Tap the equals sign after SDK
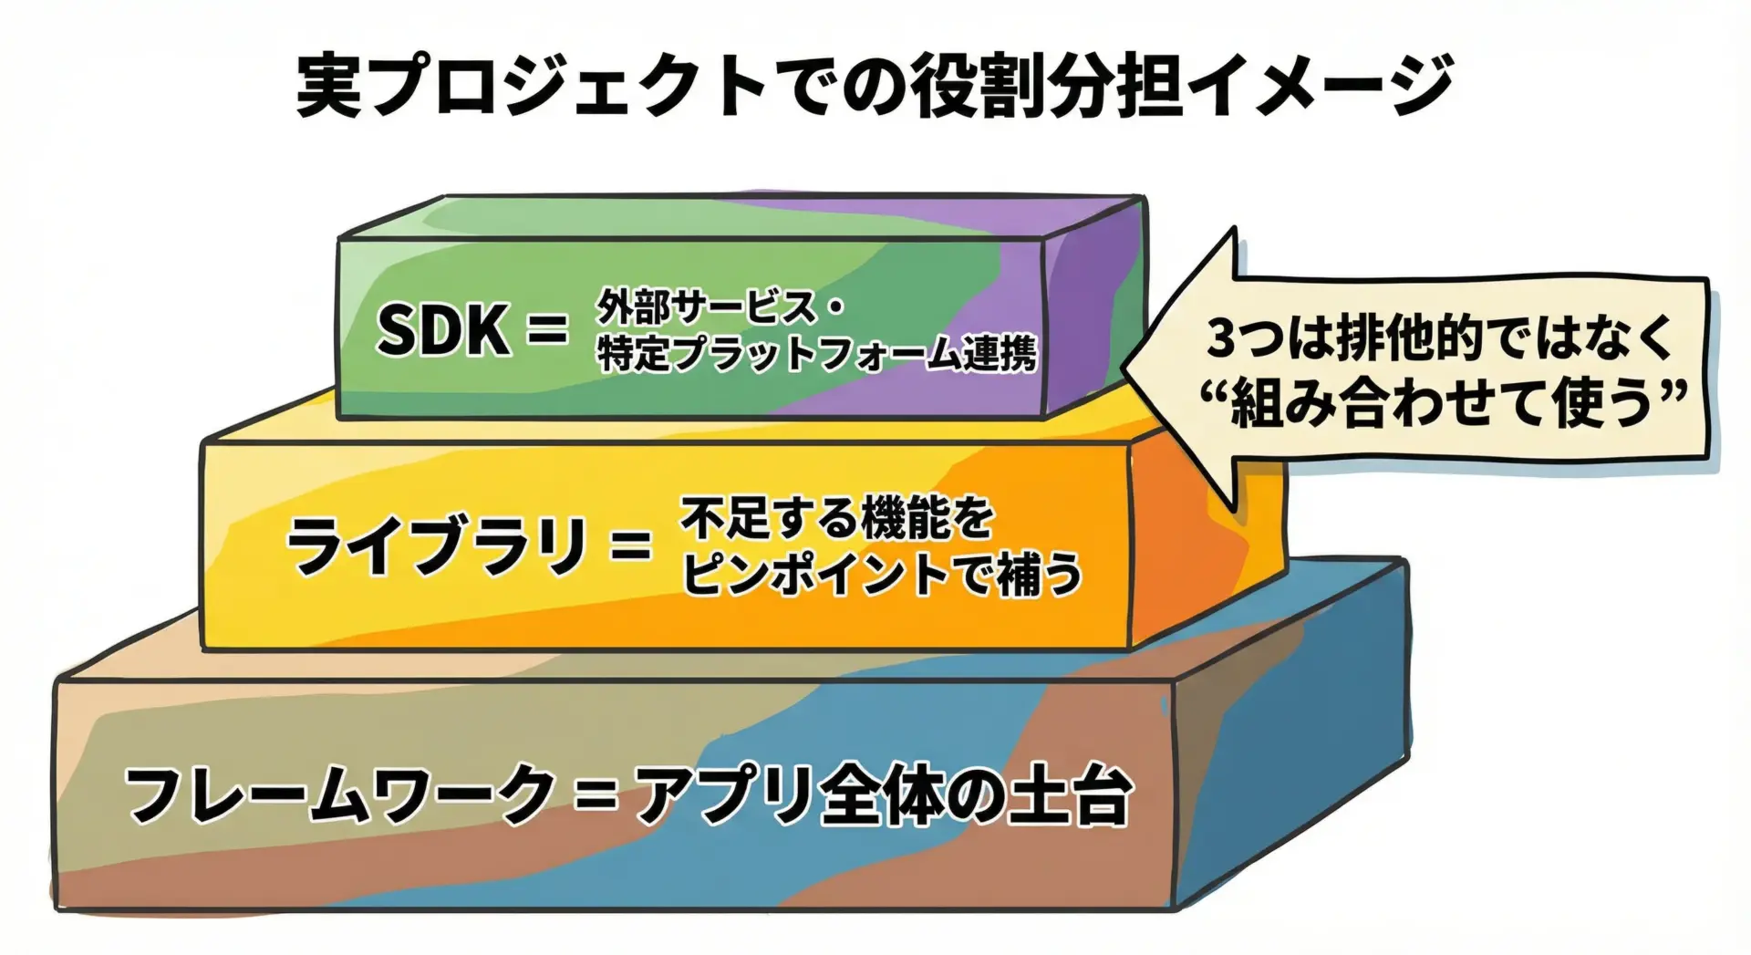click(548, 330)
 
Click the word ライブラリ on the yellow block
click(437, 546)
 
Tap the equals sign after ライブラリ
click(632, 548)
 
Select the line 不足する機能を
click(837, 518)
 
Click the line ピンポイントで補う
click(882, 574)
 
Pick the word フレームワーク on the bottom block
click(338, 794)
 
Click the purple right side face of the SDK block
click(1095, 306)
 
